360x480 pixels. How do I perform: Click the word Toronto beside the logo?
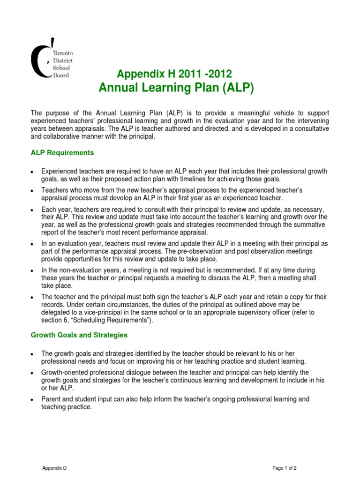tap(63, 54)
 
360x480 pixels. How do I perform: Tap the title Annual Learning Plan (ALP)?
tap(176, 88)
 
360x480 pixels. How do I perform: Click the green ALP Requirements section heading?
tap(62, 153)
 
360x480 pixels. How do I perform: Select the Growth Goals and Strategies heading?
tap(79, 335)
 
